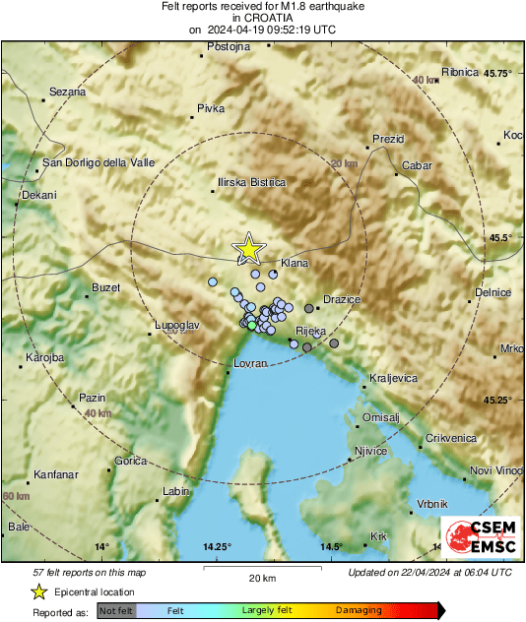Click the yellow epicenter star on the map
(x=249, y=248)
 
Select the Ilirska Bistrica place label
(x=251, y=182)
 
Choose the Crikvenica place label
(x=451, y=438)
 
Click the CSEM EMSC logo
(x=476, y=537)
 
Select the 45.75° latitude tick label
(x=491, y=74)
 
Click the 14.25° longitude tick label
(x=217, y=546)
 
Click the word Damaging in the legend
(x=359, y=610)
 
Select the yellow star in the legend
(x=39, y=591)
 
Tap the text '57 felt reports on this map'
(x=90, y=572)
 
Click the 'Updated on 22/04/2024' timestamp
(x=429, y=572)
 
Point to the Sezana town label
(x=67, y=92)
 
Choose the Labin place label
(x=175, y=490)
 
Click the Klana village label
(x=295, y=264)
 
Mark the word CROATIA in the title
(x=263, y=18)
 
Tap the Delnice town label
(x=493, y=292)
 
